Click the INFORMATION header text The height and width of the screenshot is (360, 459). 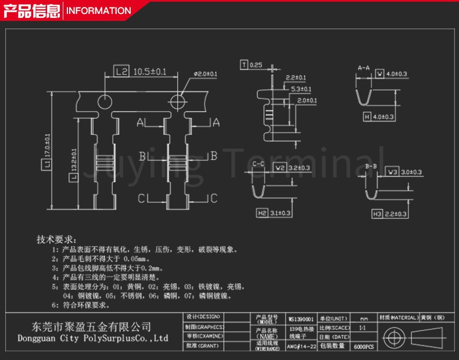point(98,10)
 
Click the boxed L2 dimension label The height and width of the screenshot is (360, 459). point(121,72)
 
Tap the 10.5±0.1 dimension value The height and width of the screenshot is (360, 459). point(150,72)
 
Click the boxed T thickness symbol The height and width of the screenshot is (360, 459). point(244,65)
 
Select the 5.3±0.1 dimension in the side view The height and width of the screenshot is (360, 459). point(301,89)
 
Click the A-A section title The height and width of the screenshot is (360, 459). point(364,68)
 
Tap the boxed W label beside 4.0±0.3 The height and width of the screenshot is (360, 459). point(379,74)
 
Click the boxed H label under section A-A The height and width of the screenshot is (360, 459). point(367,117)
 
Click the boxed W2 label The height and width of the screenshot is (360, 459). point(280,168)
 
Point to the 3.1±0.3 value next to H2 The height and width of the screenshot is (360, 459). point(281,213)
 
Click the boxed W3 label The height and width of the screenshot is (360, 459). point(393,172)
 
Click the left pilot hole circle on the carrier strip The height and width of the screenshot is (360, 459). point(105,101)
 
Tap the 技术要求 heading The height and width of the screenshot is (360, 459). point(56,239)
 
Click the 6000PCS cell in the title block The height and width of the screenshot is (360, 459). point(364,346)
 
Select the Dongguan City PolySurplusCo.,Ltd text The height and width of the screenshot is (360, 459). point(93,338)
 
